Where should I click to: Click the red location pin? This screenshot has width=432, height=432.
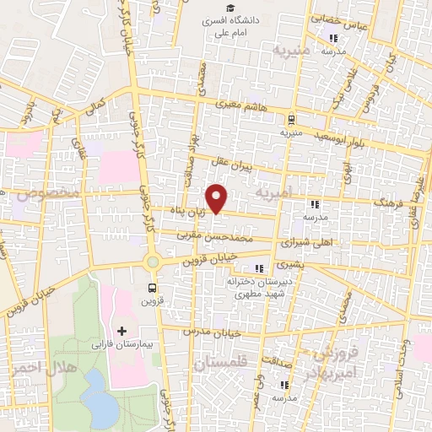click(x=218, y=197)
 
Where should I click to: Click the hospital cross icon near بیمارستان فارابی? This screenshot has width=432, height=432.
click(x=121, y=330)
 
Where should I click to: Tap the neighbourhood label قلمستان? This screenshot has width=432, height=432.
click(x=220, y=364)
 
